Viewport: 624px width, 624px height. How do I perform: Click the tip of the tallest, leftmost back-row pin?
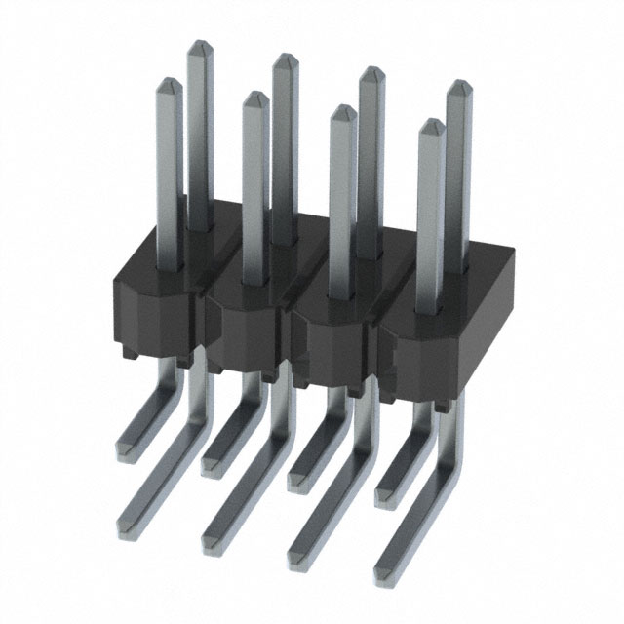[x=201, y=47]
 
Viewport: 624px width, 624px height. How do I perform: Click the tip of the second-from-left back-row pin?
[x=285, y=60]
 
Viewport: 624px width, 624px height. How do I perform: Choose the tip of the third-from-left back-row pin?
[x=370, y=74]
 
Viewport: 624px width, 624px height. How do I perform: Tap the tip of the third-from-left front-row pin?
[x=342, y=112]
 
